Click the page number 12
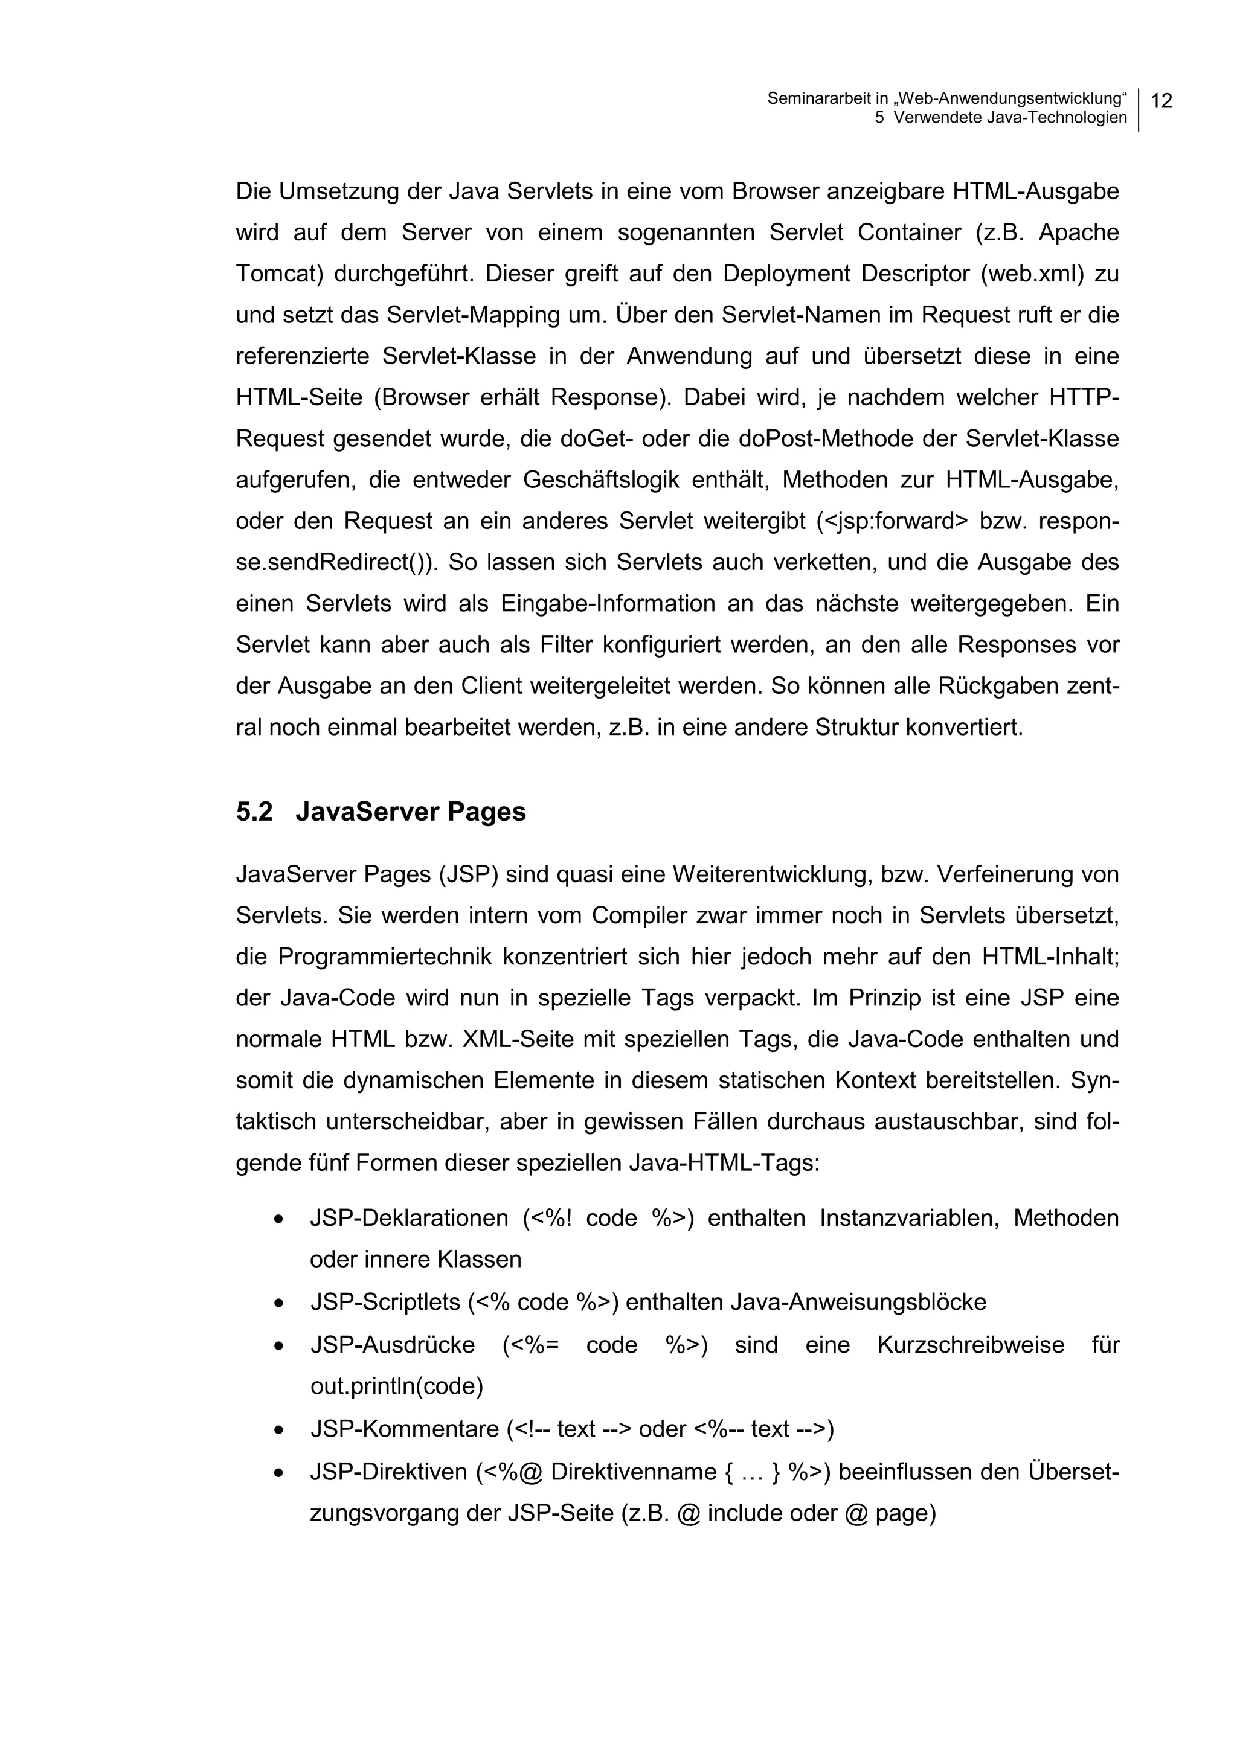coord(1161,101)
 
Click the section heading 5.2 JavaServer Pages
coord(381,812)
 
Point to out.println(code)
coord(396,1386)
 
